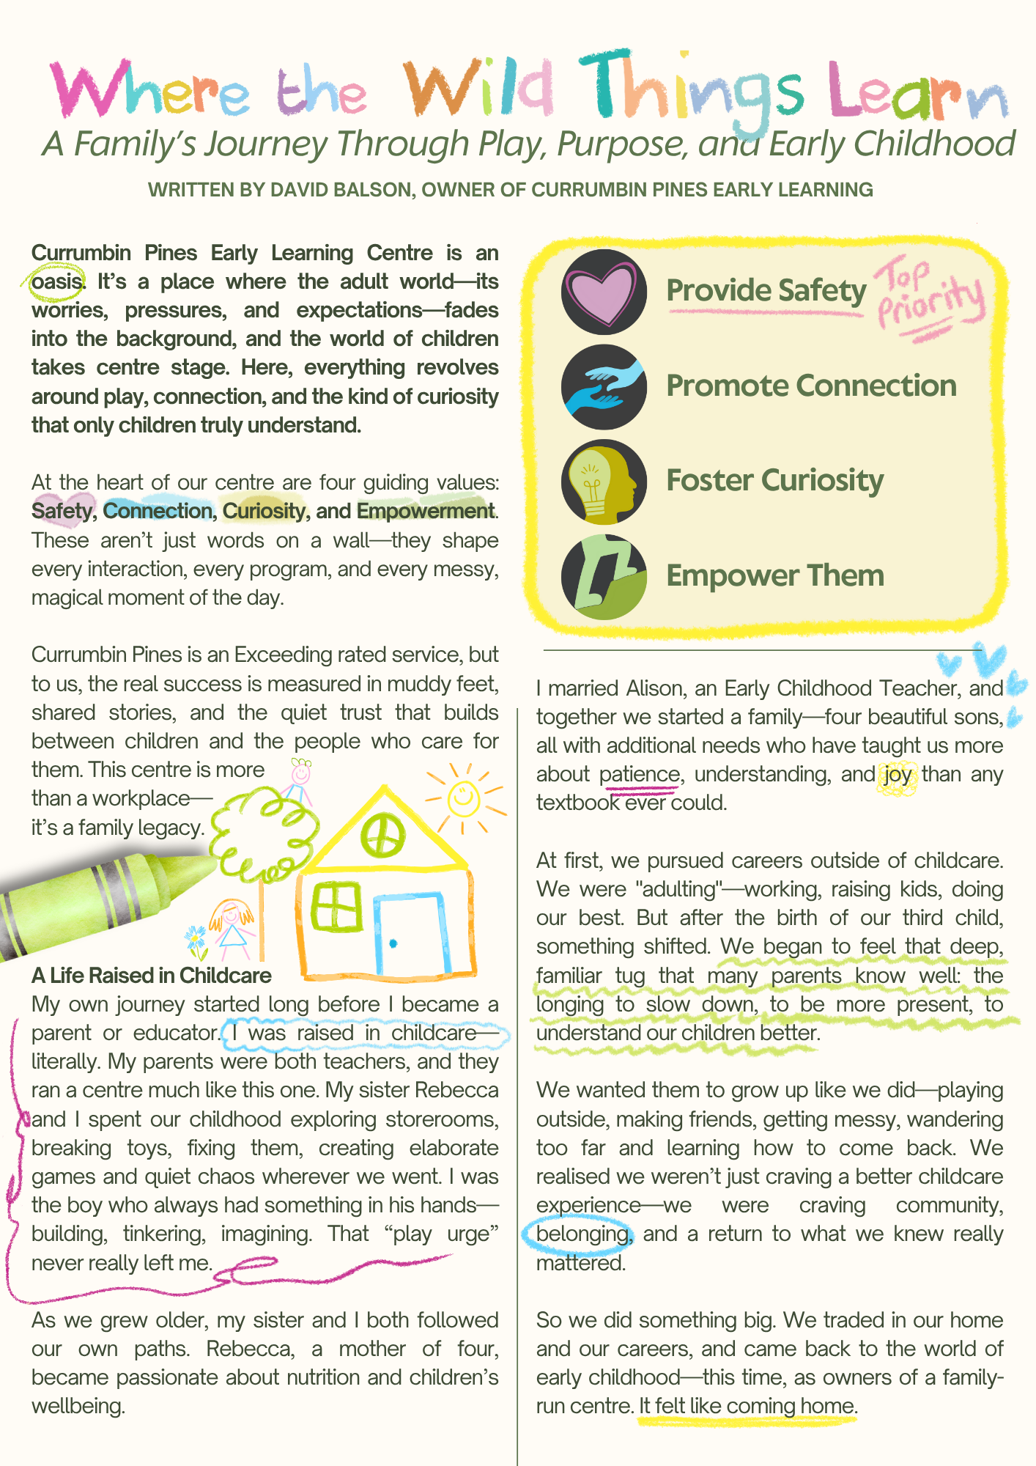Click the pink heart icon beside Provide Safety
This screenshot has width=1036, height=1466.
click(x=604, y=292)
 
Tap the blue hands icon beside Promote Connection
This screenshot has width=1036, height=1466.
click(x=604, y=387)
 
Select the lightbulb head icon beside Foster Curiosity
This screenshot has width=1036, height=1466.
click(x=604, y=482)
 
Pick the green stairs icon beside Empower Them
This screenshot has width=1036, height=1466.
click(x=604, y=578)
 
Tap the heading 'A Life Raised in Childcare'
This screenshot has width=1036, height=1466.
click(x=151, y=976)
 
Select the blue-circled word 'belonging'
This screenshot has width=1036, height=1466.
click(x=582, y=1234)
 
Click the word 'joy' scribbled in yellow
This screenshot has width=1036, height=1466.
click(x=897, y=775)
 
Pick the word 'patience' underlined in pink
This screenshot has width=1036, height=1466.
click(x=639, y=775)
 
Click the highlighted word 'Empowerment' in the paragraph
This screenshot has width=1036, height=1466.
click(x=426, y=511)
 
